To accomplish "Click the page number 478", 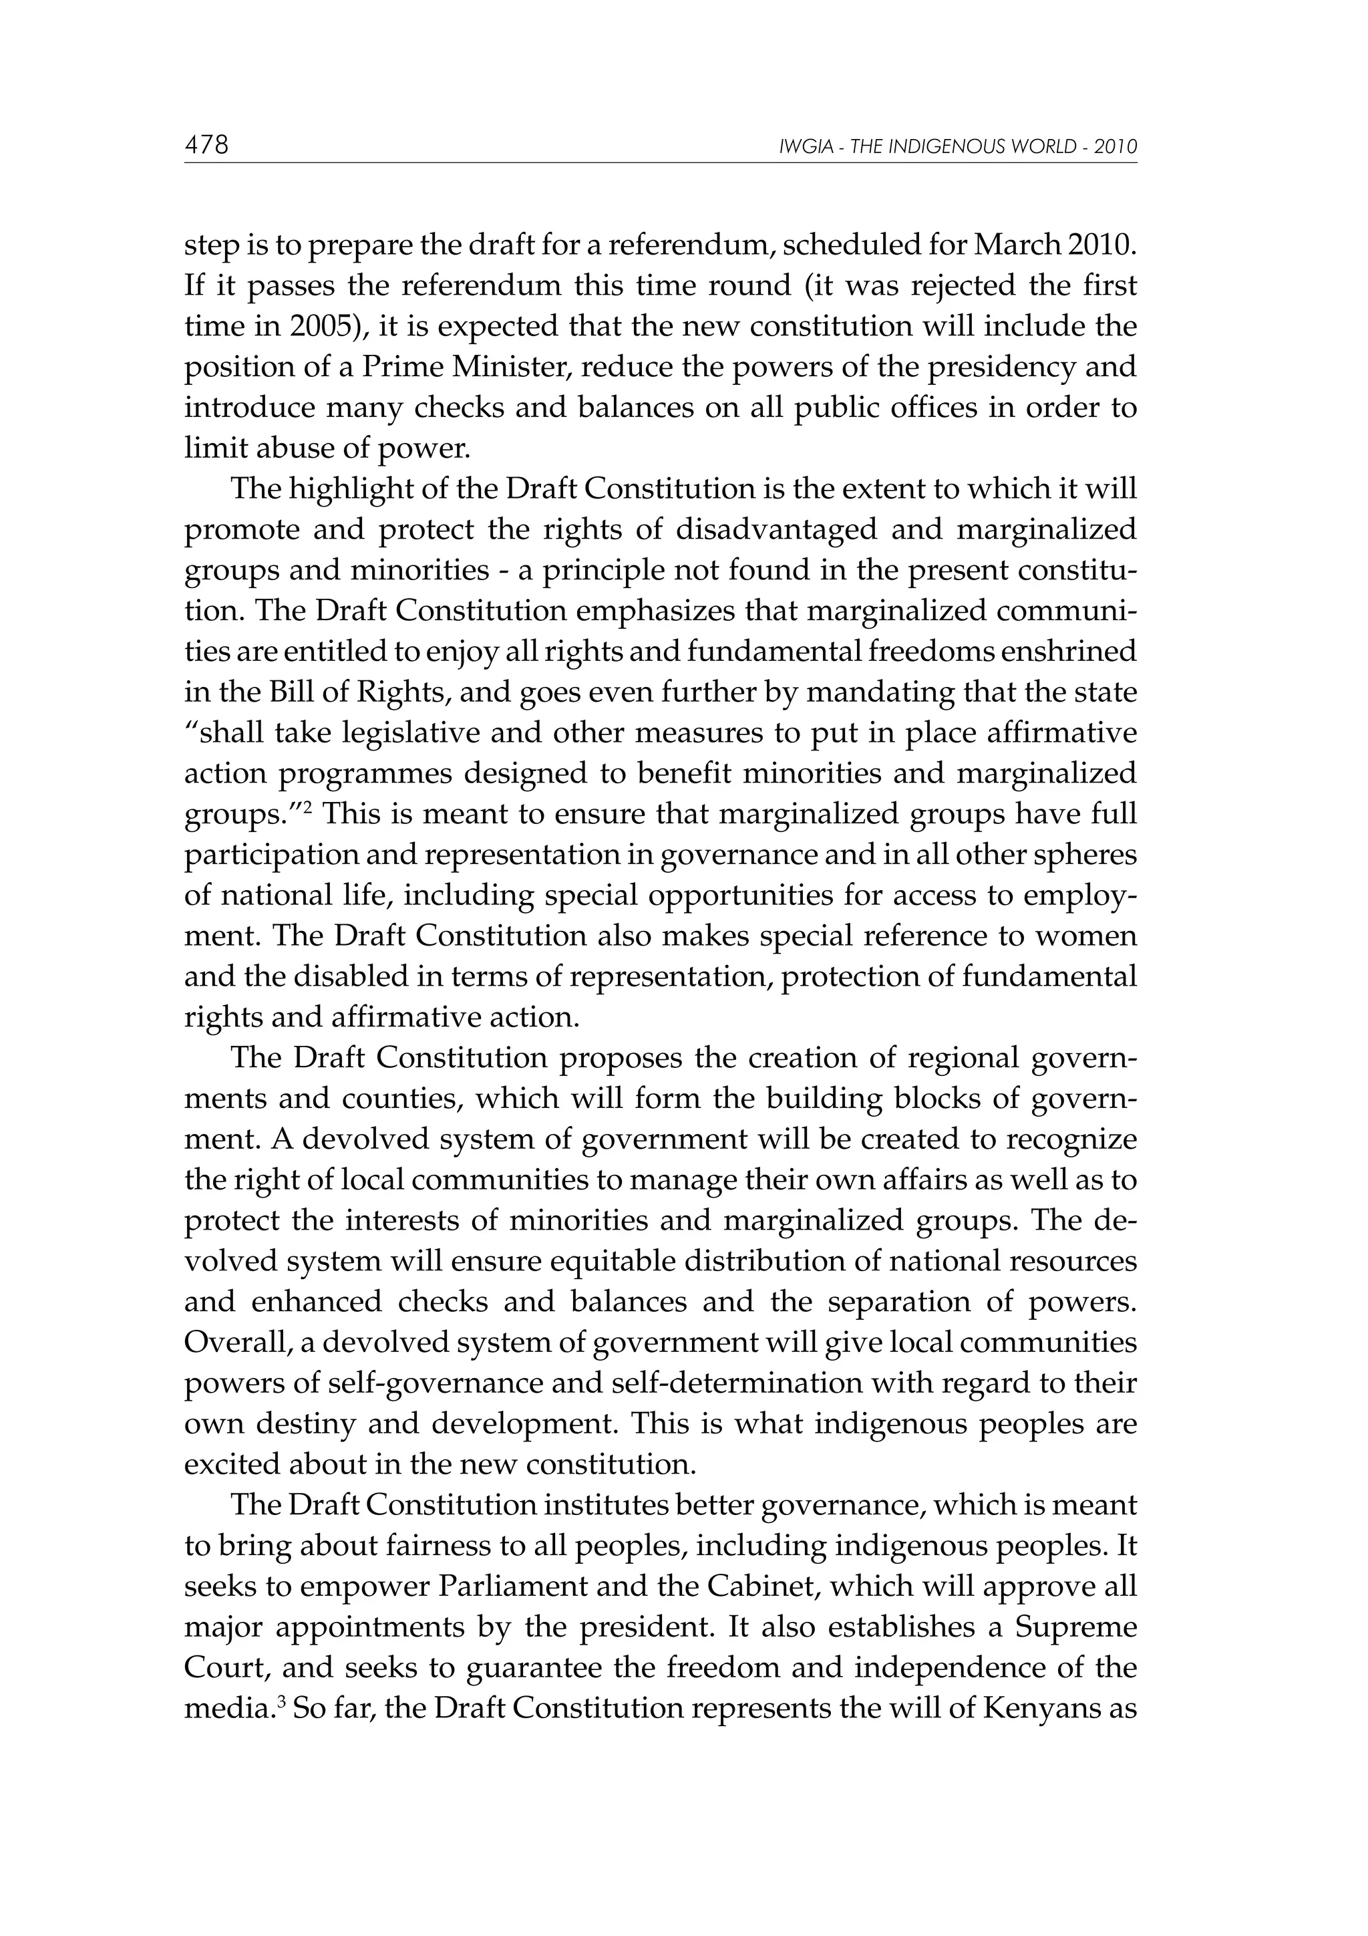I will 206,145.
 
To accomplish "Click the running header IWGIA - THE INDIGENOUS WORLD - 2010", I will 959,148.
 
